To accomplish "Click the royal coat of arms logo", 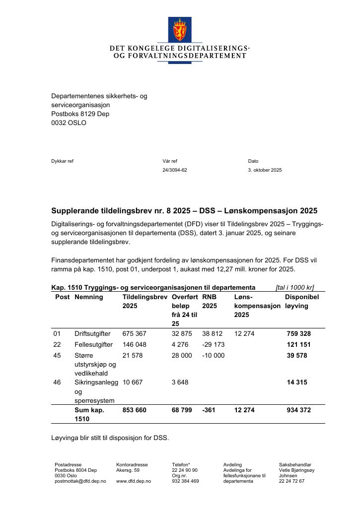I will coord(179,29).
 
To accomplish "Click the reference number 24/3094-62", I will coord(175,170).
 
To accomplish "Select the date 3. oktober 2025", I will coord(265,170).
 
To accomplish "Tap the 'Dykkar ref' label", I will coord(62,161).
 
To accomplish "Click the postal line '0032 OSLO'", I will coord(69,123).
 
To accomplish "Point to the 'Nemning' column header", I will coord(88,297).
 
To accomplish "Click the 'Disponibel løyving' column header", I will coord(301,302).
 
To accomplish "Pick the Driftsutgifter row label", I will coord(92,334).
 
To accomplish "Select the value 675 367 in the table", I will coord(135,334).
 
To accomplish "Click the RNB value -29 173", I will coord(214,345).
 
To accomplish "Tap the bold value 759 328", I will coord(298,334).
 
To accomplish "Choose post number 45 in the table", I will coord(57,356).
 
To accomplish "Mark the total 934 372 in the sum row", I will coord(298,410).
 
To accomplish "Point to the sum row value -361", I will coord(209,410).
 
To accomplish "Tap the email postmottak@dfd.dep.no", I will coord(80,481).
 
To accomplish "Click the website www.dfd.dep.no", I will coord(134,481).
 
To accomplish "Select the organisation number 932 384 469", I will coord(185,481).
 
